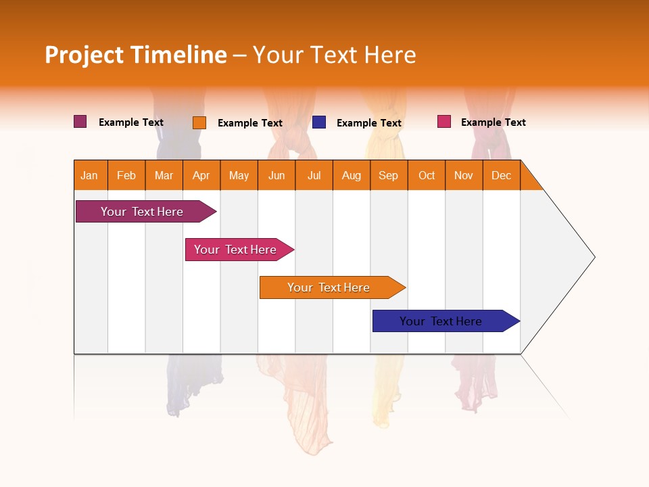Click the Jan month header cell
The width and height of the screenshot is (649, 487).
click(x=90, y=175)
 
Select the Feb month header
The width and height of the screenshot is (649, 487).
click(x=126, y=175)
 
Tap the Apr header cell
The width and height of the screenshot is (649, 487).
click(x=201, y=175)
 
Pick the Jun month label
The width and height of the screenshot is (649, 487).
click(x=277, y=175)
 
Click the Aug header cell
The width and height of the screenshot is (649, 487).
click(x=352, y=175)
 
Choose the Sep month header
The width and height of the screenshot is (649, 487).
click(x=389, y=175)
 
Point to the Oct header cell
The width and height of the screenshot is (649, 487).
click(x=427, y=175)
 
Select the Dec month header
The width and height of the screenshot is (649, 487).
click(x=502, y=175)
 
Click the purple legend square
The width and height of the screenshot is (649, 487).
click(x=80, y=122)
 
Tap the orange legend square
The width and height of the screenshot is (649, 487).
click(x=199, y=122)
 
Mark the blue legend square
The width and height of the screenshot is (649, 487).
click(x=319, y=122)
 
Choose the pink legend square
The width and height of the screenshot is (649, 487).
click(x=443, y=122)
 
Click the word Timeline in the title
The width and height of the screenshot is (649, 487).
click(x=177, y=55)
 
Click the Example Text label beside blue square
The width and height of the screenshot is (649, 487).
click(x=368, y=122)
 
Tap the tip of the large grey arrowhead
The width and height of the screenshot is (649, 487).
click(x=594, y=257)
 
